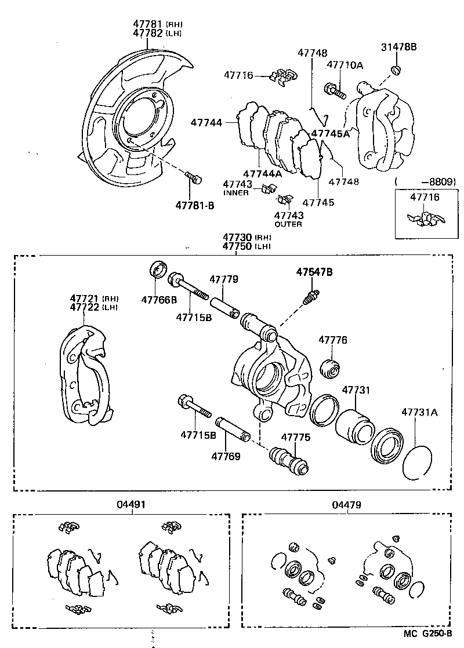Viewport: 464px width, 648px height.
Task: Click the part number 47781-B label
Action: (x=194, y=205)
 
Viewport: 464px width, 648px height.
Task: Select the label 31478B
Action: (x=398, y=47)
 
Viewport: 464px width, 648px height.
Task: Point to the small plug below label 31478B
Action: (x=396, y=71)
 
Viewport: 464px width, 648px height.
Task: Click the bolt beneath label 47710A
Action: (x=335, y=90)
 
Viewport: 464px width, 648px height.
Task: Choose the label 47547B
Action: (x=314, y=271)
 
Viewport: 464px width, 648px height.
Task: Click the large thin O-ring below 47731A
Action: (x=417, y=463)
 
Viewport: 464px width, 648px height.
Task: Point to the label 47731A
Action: (x=419, y=413)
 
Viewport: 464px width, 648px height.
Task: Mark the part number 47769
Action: (x=226, y=456)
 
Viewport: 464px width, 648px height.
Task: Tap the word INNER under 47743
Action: (x=235, y=192)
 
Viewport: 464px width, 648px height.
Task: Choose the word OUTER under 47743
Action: (x=288, y=224)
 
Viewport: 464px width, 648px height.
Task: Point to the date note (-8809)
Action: (x=425, y=182)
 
